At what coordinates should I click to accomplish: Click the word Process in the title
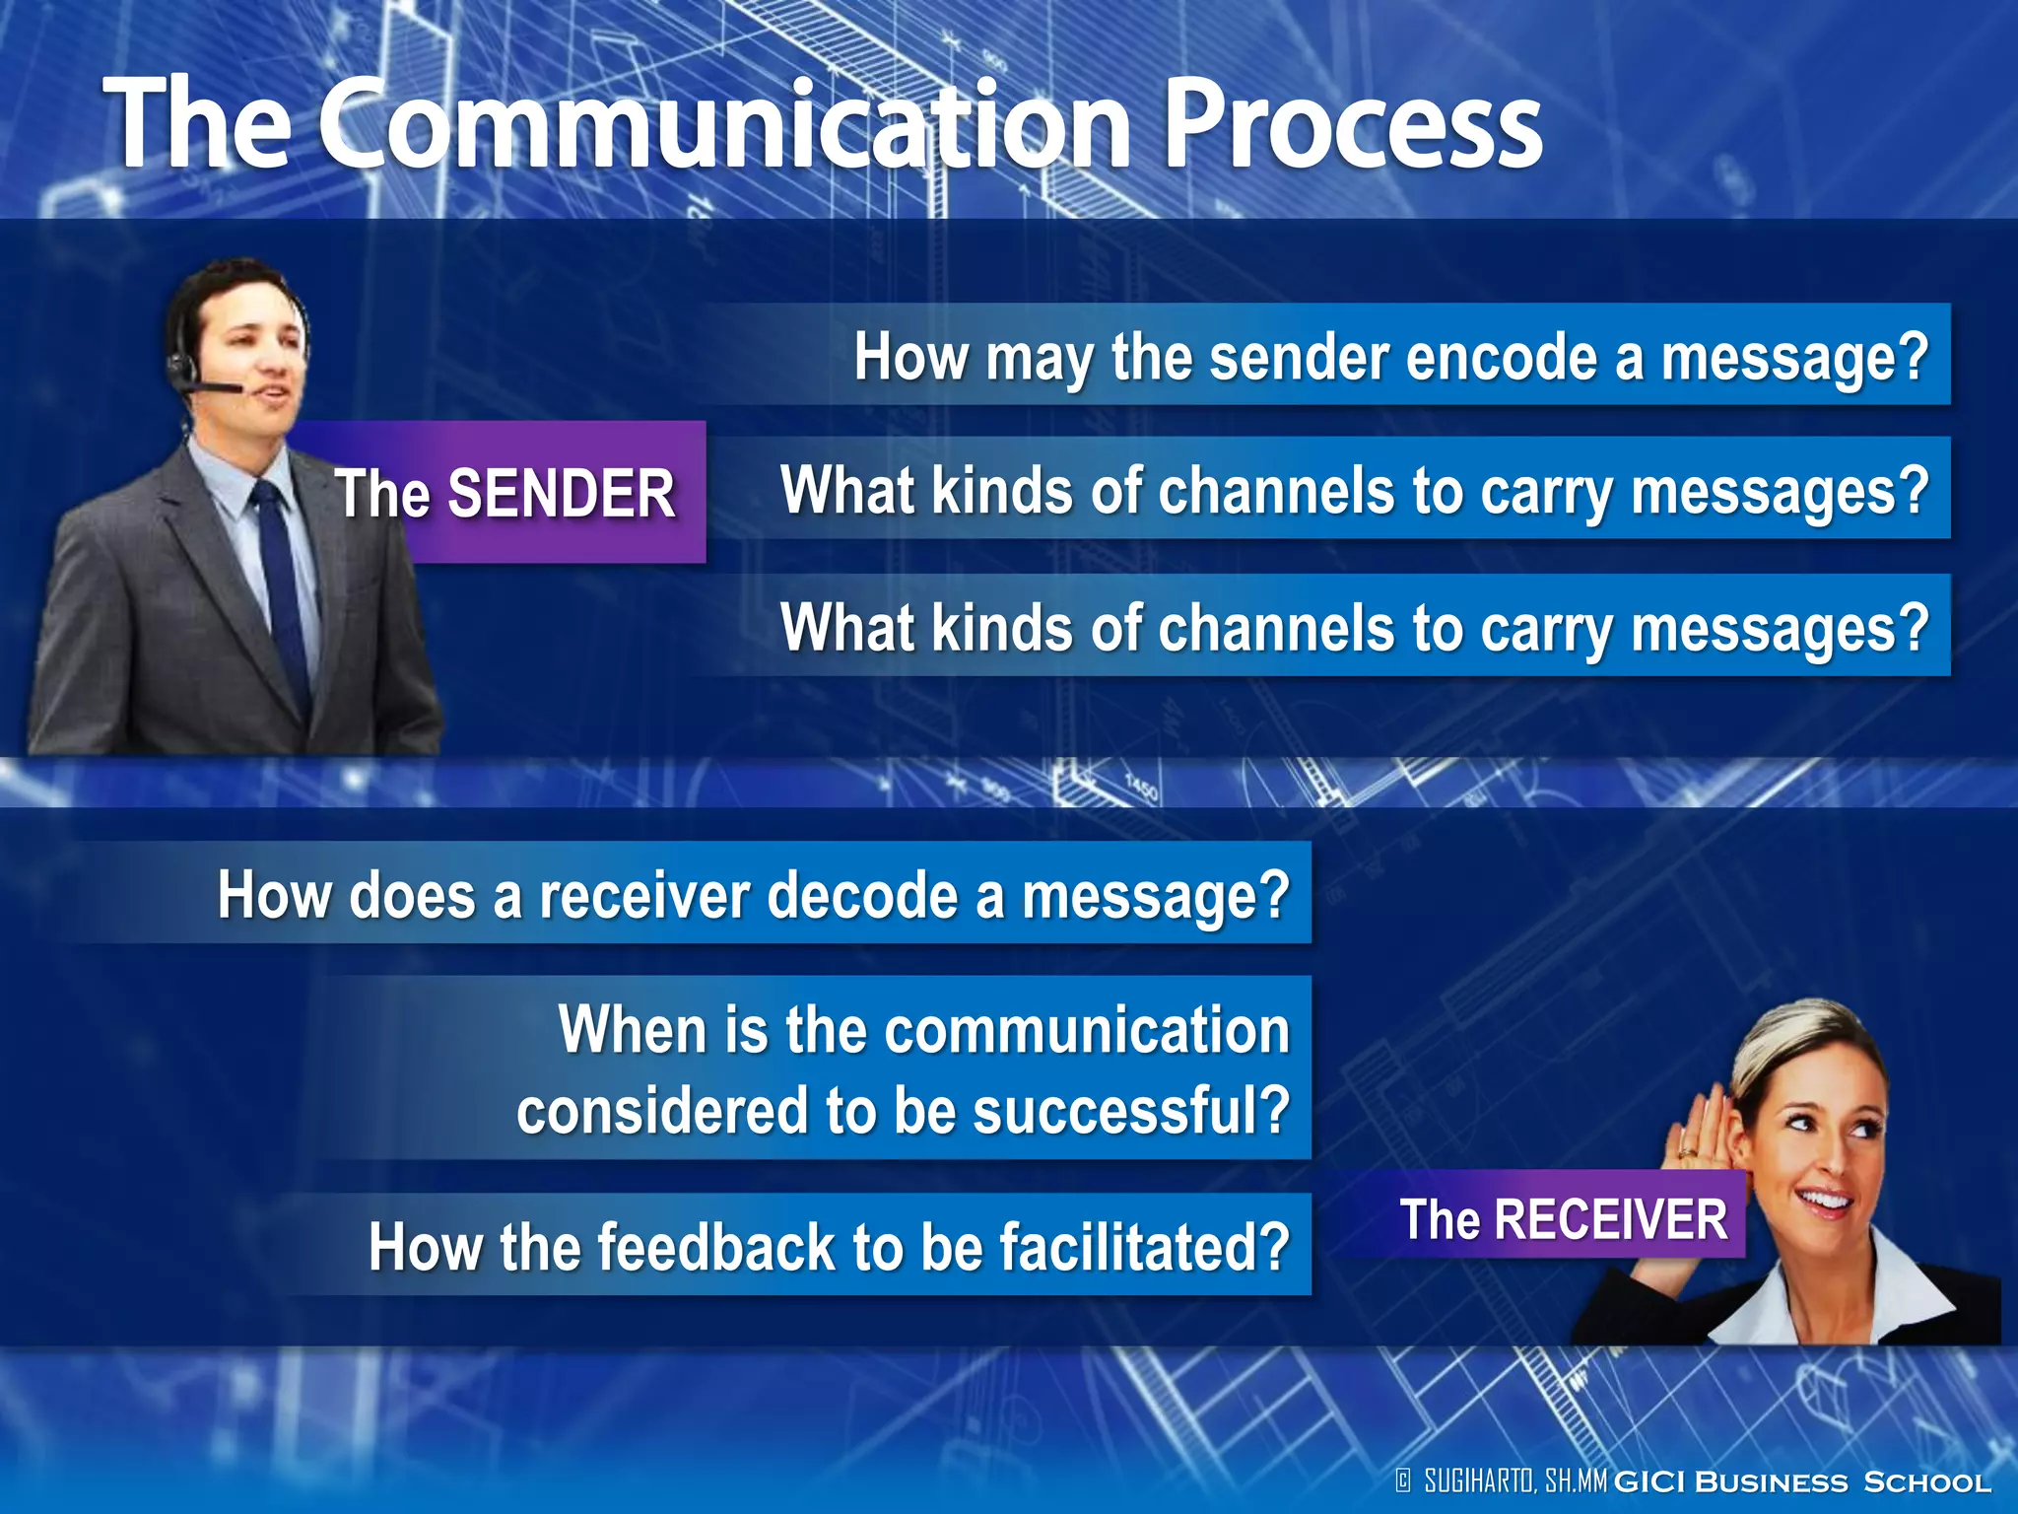(x=1352, y=126)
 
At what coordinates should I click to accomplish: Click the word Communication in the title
(x=724, y=126)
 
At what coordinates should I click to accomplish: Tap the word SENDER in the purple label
(x=562, y=493)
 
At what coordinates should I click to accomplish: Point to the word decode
(x=862, y=895)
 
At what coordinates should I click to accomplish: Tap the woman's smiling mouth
(x=1823, y=1200)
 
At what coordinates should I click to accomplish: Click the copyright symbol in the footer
(x=1404, y=1480)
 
